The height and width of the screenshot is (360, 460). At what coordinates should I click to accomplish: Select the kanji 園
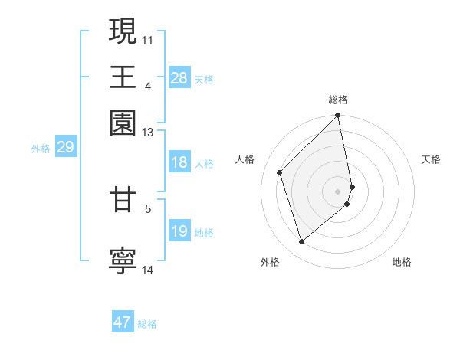[123, 122]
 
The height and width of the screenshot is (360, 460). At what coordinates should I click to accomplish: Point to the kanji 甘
[123, 201]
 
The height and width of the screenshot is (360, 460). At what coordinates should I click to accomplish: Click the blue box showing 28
[179, 78]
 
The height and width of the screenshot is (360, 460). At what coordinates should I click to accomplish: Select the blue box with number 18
[179, 162]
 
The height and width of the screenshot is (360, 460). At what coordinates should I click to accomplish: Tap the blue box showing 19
[179, 231]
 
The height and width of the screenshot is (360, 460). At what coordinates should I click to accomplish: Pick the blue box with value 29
[65, 147]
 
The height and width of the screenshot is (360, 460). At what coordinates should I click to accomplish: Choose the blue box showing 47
[123, 322]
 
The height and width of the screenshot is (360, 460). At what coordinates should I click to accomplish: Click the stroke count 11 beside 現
[148, 38]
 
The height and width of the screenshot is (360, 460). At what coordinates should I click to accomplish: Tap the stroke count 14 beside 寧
[148, 270]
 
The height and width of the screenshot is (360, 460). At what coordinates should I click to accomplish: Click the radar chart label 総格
[338, 100]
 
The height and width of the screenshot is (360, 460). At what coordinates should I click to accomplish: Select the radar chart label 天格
[431, 159]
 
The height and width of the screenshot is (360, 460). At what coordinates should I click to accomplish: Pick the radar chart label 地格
[402, 262]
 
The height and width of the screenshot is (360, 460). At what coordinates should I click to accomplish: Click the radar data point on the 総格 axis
[338, 116]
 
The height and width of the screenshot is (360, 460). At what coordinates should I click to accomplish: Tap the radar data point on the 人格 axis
[280, 172]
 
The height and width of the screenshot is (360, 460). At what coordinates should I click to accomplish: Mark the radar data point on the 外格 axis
[302, 242]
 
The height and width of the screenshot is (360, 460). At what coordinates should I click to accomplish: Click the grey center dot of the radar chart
[338, 191]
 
